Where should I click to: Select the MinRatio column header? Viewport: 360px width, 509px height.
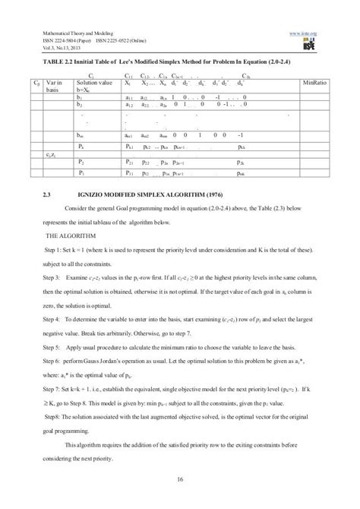click(316, 81)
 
